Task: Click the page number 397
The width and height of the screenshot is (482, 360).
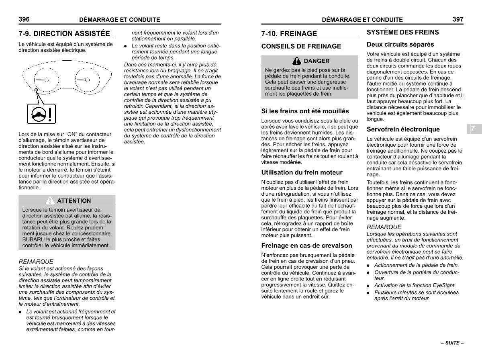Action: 458,19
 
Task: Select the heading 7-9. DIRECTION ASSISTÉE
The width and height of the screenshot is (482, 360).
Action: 64,33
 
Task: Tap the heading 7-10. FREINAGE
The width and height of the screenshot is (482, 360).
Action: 289,33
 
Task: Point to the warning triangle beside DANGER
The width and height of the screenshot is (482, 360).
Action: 297,61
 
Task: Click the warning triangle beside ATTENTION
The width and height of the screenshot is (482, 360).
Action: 50,200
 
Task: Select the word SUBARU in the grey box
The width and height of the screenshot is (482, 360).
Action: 33,239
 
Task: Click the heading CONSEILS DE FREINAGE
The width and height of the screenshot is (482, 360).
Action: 301,46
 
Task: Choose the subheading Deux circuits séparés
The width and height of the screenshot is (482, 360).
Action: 400,44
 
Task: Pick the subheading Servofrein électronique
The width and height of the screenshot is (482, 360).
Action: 403,129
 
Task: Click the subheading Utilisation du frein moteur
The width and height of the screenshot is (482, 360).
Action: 302,172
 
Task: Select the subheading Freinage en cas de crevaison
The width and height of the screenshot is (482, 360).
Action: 306,245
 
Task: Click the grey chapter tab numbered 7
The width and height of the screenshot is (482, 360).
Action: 473,129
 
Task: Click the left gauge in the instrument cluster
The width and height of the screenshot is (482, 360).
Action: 42,79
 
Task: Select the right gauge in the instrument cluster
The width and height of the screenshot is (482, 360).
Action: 86,79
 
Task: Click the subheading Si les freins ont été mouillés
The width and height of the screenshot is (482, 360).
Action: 305,111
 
